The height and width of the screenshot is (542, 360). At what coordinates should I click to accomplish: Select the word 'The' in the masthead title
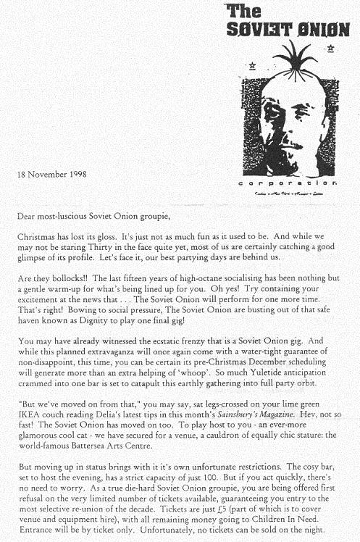[x=243, y=10]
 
